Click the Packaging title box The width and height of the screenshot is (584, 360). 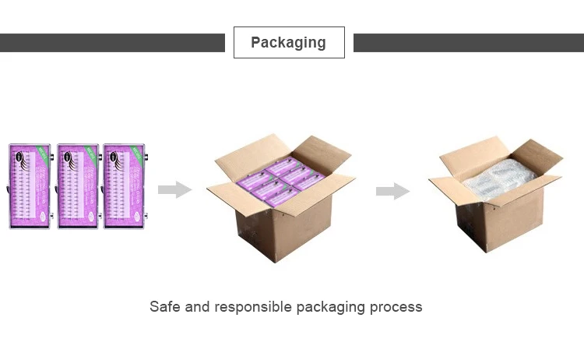pyautogui.click(x=289, y=42)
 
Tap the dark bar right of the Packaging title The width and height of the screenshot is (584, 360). pyautogui.click(x=468, y=43)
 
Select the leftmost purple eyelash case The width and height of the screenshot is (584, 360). pyautogui.click(x=30, y=185)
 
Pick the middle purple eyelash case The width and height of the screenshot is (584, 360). pyautogui.click(x=78, y=185)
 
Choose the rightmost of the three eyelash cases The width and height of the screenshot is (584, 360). pyautogui.click(x=124, y=185)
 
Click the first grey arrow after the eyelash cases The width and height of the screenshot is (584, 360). pyautogui.click(x=174, y=189)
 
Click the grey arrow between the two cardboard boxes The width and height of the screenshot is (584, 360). pyautogui.click(x=392, y=191)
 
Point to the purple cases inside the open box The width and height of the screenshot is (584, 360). pyautogui.click(x=280, y=181)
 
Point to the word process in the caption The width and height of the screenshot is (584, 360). pyautogui.click(x=399, y=307)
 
